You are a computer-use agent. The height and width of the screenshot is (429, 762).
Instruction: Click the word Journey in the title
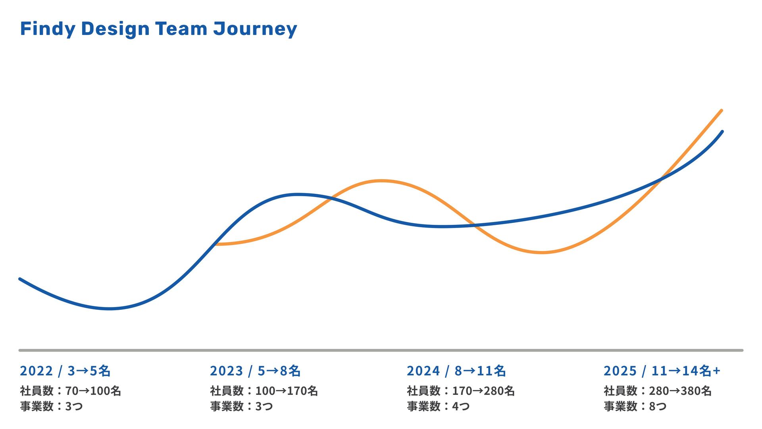(255, 29)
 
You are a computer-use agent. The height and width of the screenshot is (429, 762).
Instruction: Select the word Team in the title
(181, 29)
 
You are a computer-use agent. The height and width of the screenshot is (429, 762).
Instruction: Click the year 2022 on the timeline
(37, 371)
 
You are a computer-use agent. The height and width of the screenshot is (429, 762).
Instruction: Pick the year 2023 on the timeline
(226, 371)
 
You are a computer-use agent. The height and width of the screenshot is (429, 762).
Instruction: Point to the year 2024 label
(423, 371)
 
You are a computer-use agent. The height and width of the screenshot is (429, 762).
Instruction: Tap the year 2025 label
(620, 371)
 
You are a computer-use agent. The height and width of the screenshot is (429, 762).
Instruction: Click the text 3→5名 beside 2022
(89, 371)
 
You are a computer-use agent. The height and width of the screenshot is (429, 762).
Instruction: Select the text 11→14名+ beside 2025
(686, 371)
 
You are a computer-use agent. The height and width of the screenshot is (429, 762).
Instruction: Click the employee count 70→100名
(93, 391)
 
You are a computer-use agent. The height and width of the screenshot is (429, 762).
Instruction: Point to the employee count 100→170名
(286, 391)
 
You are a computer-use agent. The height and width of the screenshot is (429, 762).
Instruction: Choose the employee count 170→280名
(483, 391)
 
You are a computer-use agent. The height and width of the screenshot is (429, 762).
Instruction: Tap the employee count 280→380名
(680, 391)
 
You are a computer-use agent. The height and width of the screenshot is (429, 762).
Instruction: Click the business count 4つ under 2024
(460, 406)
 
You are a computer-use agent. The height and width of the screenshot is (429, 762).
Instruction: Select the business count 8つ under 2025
(657, 406)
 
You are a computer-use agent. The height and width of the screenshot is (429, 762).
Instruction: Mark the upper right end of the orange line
(721, 110)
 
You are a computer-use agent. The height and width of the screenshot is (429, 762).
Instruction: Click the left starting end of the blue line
(20, 279)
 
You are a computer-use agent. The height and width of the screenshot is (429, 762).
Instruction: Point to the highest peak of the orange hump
(381, 181)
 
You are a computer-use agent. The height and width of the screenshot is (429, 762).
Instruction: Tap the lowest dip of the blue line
(110, 309)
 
